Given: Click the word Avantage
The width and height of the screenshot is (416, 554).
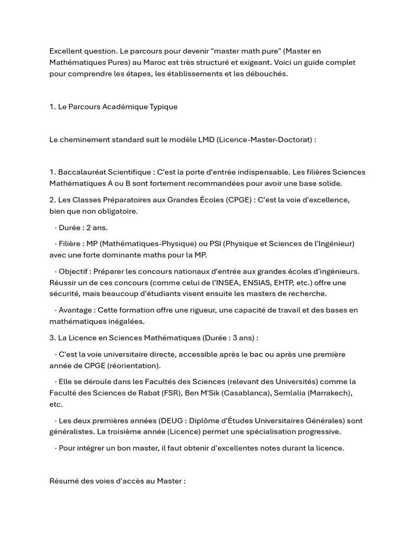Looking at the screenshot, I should pyautogui.click(x=75, y=310).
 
